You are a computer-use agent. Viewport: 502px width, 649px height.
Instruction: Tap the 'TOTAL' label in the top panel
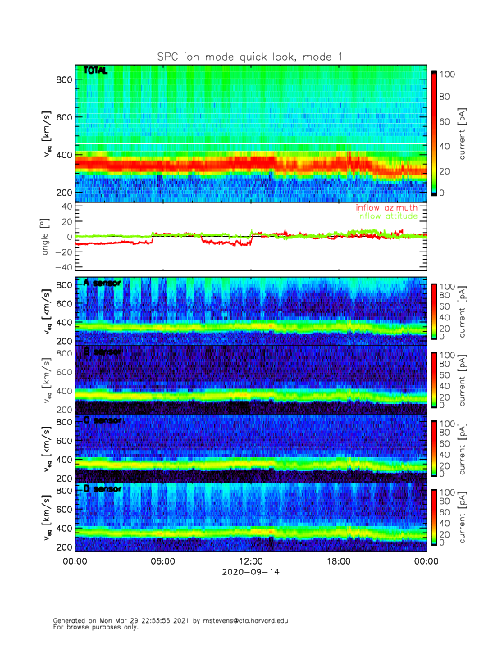pyautogui.click(x=96, y=71)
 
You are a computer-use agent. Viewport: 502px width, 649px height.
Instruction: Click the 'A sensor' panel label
pyautogui.click(x=102, y=283)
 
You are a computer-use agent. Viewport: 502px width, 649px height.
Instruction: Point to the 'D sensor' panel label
pyautogui.click(x=102, y=489)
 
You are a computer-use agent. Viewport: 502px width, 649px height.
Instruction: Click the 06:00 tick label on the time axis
pyautogui.click(x=162, y=561)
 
